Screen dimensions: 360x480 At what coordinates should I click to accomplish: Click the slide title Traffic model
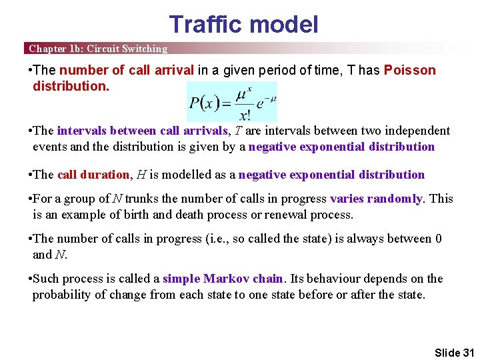[243, 25]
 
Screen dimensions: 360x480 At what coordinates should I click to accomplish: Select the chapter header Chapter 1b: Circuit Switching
[98, 49]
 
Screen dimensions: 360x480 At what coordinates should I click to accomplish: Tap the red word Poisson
[409, 71]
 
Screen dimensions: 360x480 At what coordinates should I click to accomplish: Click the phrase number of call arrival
[127, 71]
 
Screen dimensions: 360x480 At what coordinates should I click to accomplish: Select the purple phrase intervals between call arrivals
[142, 131]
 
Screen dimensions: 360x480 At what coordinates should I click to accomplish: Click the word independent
[417, 131]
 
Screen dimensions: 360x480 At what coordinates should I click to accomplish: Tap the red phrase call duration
[93, 175]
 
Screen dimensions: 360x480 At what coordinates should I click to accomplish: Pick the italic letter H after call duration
[141, 175]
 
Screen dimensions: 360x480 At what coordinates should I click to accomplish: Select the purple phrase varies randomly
[376, 199]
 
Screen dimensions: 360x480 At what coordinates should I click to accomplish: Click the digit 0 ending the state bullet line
[438, 239]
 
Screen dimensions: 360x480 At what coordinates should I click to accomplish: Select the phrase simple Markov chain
[223, 279]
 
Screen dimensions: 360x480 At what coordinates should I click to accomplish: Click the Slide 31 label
[454, 352]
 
